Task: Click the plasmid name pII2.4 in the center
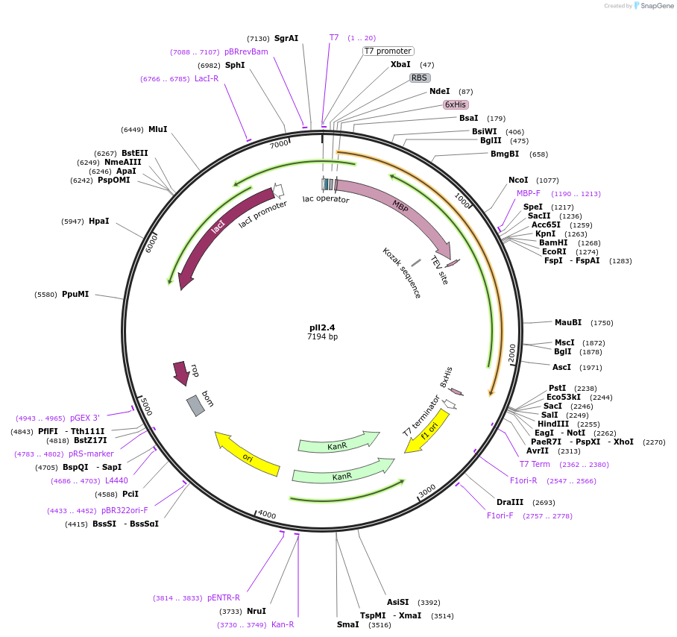pyautogui.click(x=322, y=327)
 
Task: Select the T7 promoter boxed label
pyautogui.click(x=388, y=51)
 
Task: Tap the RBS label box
pyautogui.click(x=420, y=78)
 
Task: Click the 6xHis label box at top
pyautogui.click(x=456, y=104)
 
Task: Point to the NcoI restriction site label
pyautogui.click(x=518, y=180)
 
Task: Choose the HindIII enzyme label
pyautogui.click(x=553, y=424)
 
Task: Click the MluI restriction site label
pyautogui.click(x=158, y=129)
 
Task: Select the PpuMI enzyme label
pyautogui.click(x=75, y=294)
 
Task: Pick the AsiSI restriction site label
pyautogui.click(x=397, y=602)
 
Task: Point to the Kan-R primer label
pyautogui.click(x=283, y=624)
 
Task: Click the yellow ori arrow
pyautogui.click(x=247, y=454)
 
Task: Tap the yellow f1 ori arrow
pyautogui.click(x=427, y=431)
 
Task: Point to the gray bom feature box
pyautogui.click(x=195, y=405)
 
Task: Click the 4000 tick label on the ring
pyautogui.click(x=266, y=515)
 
